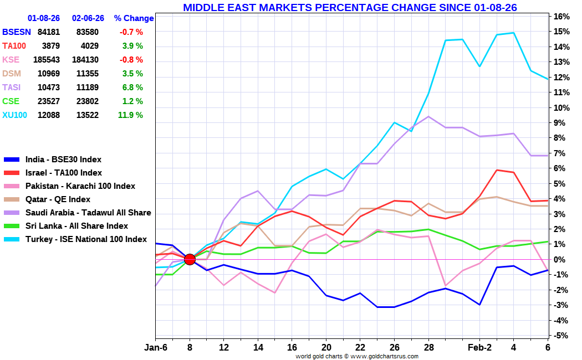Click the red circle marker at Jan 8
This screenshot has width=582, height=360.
point(190,259)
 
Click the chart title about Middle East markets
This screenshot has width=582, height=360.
point(350,7)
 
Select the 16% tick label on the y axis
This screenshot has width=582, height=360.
point(561,17)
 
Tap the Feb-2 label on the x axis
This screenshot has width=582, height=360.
point(480,347)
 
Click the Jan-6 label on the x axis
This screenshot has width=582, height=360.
point(156,347)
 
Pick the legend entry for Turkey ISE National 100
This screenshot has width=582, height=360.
point(86,239)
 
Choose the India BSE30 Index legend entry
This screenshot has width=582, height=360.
point(63,160)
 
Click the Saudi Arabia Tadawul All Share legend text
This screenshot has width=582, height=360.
point(88,213)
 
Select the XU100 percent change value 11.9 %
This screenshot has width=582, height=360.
point(130,115)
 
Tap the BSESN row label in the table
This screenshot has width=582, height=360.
point(17,32)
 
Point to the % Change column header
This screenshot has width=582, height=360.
point(134,18)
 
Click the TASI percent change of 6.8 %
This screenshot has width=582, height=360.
point(132,88)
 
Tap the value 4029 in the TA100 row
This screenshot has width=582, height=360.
point(89,46)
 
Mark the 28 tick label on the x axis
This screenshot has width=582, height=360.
point(428,347)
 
